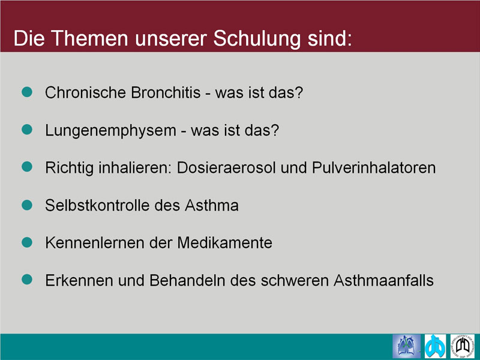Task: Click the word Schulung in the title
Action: pos(257,39)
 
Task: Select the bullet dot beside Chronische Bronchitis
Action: pos(27,92)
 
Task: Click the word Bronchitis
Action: pos(166,92)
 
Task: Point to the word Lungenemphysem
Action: pos(110,131)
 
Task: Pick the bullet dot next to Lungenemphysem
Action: pos(27,129)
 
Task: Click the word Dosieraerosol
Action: pos(226,168)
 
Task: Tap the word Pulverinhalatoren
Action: pos(373,168)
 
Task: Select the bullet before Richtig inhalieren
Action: pos(27,167)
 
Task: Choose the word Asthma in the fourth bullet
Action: pos(212,205)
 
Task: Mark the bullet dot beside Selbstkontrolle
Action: pos(27,205)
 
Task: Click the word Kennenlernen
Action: pos(95,243)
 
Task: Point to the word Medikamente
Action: pos(224,243)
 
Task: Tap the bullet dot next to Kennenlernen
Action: pos(27,242)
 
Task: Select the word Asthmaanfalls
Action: pos(383,280)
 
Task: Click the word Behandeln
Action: pos(187,280)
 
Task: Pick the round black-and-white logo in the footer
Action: pos(462,346)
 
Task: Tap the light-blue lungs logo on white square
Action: pos(435,346)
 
